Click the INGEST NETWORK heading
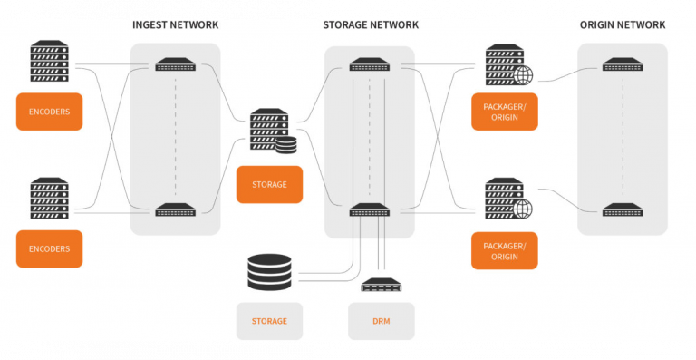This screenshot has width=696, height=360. click(175, 24)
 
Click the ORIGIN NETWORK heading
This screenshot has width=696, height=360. click(622, 24)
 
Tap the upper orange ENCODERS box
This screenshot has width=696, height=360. click(49, 112)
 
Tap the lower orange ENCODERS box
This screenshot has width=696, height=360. click(49, 248)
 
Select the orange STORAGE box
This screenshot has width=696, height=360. click(269, 184)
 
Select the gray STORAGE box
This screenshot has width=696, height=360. click(269, 321)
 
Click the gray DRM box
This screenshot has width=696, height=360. click(381, 321)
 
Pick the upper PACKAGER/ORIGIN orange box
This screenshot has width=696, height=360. click(504, 112)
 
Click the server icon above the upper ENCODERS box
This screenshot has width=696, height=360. click(49, 62)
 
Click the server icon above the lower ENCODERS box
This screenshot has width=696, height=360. click(49, 199)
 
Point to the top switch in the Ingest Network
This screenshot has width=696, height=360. click(175, 65)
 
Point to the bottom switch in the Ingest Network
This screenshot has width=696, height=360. click(175, 209)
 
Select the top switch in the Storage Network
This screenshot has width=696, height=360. click(370, 65)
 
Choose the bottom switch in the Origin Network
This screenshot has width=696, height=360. click(622, 209)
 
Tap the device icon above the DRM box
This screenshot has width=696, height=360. click(381, 286)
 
